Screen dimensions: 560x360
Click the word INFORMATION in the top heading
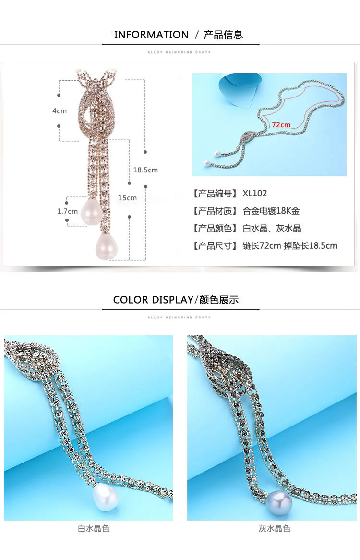pos(151,35)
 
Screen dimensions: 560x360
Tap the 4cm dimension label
pos(60,111)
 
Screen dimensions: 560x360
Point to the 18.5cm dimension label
pos(145,170)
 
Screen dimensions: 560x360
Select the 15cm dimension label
pos(128,198)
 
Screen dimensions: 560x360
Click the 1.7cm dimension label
pos(67,211)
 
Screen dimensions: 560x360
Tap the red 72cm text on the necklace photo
pos(281,125)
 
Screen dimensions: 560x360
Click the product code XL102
pos(255,194)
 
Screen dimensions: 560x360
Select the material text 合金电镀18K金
pos(271,211)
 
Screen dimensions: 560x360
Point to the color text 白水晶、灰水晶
pos(272,229)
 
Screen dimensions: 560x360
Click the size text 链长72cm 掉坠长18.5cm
pos(290,246)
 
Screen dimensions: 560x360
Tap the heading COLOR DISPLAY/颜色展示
pos(176,300)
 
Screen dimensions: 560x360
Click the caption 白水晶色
pos(94,529)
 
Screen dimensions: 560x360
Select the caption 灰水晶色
pos(275,529)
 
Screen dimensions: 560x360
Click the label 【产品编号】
pos(216,194)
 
